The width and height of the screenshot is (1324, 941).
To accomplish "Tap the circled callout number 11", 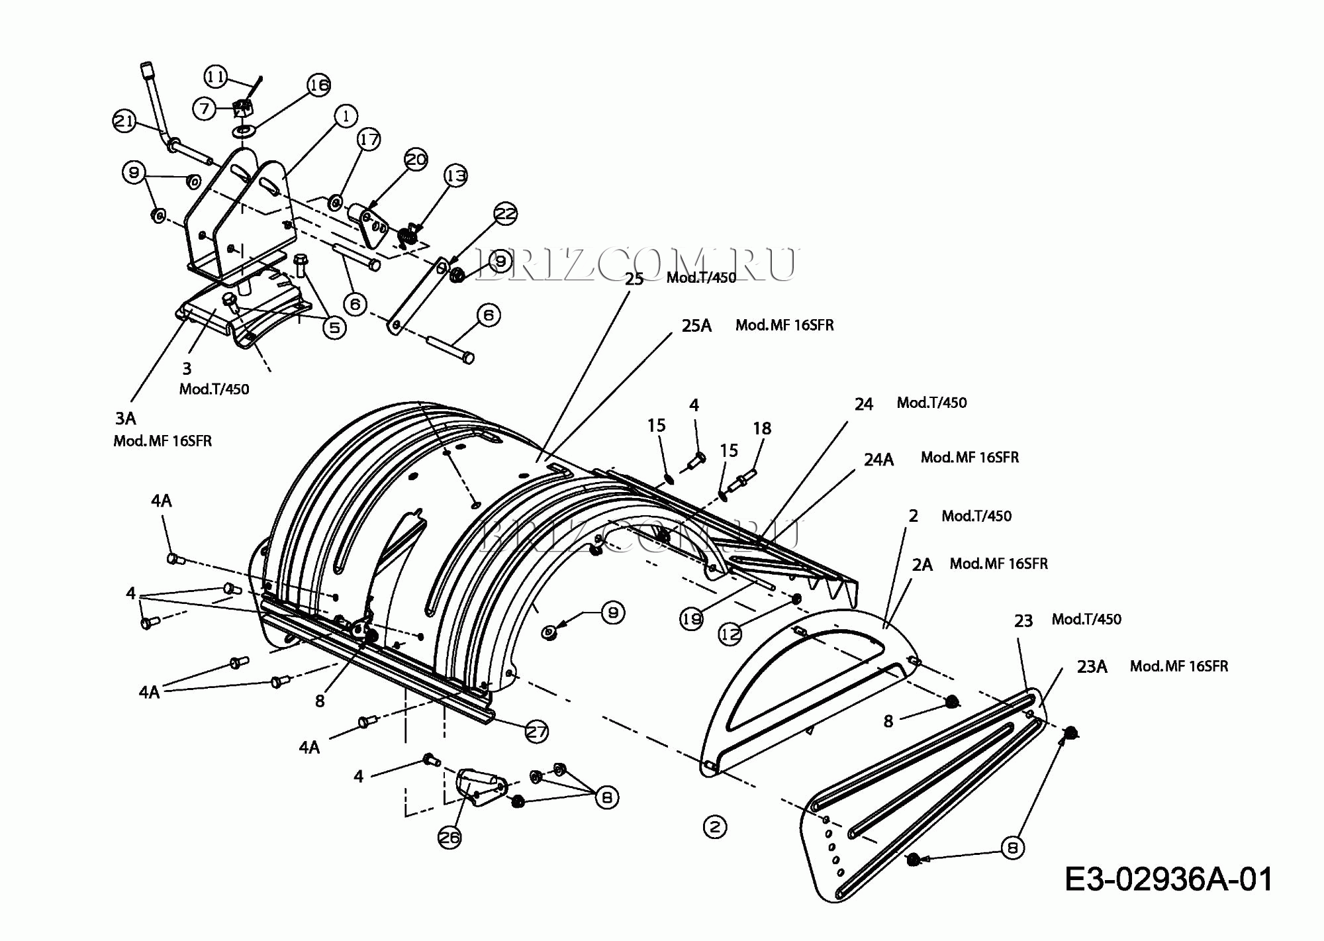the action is pos(215,77).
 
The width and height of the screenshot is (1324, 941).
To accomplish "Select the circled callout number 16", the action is pos(319,85).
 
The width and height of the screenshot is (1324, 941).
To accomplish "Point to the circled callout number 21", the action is pos(124,121).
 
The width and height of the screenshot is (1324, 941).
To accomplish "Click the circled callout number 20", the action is pos(416,160).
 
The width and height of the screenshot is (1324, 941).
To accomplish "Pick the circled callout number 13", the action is pos(455,176).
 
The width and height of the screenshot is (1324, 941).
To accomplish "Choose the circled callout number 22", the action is pos(506,214).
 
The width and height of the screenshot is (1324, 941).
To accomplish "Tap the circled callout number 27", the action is pos(536,732).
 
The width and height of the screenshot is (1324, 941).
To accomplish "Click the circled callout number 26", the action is pos(449,838).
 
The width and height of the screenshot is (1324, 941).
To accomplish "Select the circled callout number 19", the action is pos(692,619).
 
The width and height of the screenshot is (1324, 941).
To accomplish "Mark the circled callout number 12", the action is pos(730,634).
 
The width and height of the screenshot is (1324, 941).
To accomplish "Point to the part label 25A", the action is pos(696,326).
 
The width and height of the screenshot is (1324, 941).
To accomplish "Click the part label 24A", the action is pos(878,460).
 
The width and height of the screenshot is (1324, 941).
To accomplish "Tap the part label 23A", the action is pos(1092,667).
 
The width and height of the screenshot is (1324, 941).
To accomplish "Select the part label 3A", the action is pos(126,419).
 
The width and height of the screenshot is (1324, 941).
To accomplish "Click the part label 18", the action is pos(762,428).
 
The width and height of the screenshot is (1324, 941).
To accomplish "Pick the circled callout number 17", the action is pos(369,140).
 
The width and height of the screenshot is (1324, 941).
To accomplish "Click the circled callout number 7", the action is pos(205,108).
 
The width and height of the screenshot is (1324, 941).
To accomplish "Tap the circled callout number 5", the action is pos(335,327).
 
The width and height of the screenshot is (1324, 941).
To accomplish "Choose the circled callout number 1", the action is pos(346,116).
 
